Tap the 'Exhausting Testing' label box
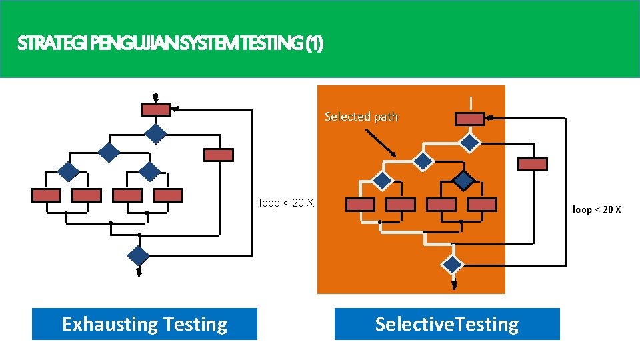(145, 324)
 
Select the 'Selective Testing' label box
(447, 324)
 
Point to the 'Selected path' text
(361, 117)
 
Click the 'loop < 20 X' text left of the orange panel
(286, 203)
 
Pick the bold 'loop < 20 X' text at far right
(597, 209)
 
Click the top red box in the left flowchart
(156, 109)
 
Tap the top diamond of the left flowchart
(156, 133)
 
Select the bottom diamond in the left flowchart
(139, 255)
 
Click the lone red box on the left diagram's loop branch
(218, 155)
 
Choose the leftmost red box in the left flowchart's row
(46, 195)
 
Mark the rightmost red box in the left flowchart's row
(168, 195)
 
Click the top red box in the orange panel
(469, 119)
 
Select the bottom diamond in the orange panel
(453, 264)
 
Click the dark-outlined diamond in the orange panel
(463, 180)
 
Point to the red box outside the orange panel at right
(533, 164)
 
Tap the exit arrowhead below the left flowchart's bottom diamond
(139, 272)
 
